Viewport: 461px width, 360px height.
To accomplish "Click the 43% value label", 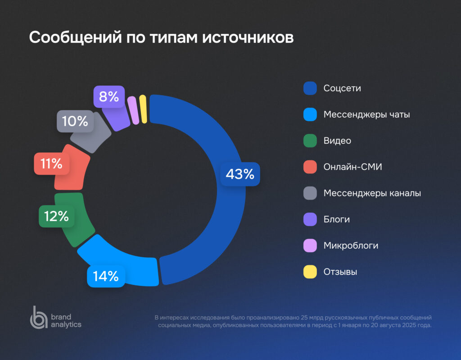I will click(240, 174).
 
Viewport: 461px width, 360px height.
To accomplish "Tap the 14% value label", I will click(106, 275).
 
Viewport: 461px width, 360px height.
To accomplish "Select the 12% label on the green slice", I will click(56, 217).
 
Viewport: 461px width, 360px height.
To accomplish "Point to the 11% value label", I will click(52, 164).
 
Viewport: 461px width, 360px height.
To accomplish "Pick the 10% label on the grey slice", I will click(75, 121).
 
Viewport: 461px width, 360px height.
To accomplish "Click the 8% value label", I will click(109, 96).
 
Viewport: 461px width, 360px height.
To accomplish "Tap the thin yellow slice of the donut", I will click(144, 109).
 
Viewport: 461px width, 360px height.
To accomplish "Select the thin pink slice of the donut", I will click(133, 110).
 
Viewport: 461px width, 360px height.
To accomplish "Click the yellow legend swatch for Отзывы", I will click(310, 272).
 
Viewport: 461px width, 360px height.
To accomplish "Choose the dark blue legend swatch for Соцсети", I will click(310, 88).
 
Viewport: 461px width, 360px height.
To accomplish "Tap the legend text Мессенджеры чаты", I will click(366, 114).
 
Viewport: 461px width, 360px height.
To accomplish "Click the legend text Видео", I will click(337, 141).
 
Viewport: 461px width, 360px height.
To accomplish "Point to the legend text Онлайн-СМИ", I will click(353, 167).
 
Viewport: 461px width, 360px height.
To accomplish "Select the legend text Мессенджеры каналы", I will click(372, 193).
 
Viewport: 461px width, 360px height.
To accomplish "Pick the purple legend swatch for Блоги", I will click(310, 219).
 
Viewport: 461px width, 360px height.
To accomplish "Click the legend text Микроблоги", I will click(351, 246).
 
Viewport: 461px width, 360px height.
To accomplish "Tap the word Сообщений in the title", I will click(72, 38).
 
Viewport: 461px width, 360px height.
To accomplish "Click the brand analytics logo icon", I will click(38, 317).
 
